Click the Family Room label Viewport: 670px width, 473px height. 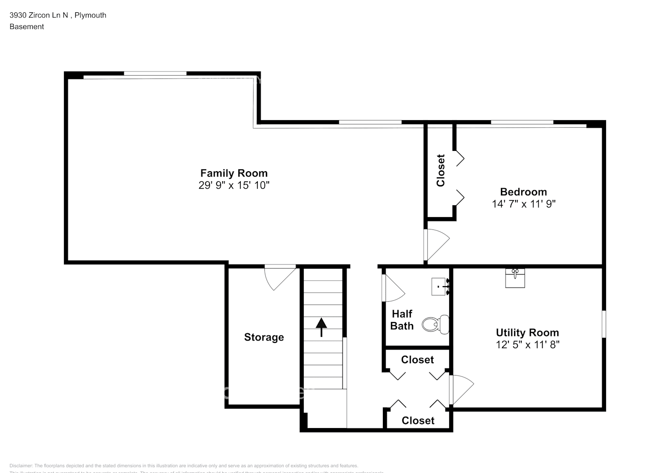point(234,173)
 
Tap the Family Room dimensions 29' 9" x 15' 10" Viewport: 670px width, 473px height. point(234,185)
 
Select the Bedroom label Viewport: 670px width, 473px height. point(523,192)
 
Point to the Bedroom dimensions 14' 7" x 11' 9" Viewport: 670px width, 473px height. point(523,204)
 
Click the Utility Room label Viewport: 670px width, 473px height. point(527,333)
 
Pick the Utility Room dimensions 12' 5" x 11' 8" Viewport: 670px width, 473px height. point(527,345)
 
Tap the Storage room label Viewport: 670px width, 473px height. point(264,337)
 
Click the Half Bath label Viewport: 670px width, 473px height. point(402,320)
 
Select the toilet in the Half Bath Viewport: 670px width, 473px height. point(435,324)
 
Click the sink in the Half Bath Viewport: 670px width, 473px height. point(439,287)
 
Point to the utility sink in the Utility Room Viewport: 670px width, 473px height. point(515,278)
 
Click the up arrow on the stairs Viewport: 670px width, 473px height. point(322,327)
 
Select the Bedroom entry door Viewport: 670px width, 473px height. point(436,244)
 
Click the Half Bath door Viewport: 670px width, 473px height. point(392,288)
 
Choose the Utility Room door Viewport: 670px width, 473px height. point(461,390)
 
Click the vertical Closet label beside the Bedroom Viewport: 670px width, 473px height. point(441,171)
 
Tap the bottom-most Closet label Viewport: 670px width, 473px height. point(417,420)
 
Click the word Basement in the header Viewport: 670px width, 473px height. point(27,26)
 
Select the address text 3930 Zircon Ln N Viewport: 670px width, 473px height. point(38,15)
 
